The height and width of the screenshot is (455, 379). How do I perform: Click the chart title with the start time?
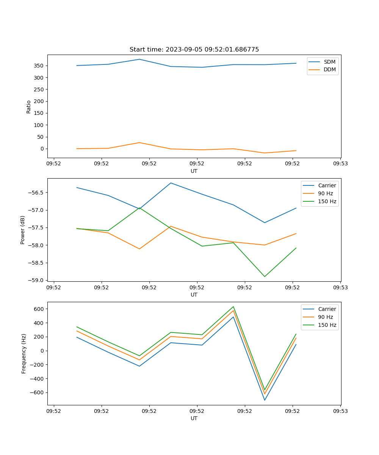point(194,50)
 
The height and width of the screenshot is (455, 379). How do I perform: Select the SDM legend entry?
point(329,62)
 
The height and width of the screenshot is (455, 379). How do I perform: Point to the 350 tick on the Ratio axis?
point(39,66)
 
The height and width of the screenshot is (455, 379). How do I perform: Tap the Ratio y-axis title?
point(29,107)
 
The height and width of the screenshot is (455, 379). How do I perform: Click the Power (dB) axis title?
point(23,230)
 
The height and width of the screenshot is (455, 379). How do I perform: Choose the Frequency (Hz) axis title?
point(24,353)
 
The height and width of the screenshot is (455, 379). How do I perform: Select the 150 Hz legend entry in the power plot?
point(327,201)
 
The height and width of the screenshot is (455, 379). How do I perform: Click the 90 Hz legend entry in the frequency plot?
point(326,317)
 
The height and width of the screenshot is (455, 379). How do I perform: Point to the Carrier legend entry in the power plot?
point(327,185)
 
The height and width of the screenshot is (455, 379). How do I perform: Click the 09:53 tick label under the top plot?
point(340,164)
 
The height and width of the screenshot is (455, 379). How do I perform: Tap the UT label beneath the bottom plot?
point(194,418)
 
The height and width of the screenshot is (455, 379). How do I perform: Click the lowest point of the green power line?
point(265,276)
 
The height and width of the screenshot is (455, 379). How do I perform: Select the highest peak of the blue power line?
point(171,183)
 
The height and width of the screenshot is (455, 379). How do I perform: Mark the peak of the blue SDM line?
point(139,59)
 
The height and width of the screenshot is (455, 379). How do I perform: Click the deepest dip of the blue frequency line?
point(265,400)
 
